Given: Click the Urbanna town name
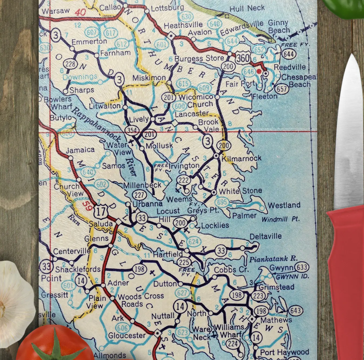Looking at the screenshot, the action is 147,204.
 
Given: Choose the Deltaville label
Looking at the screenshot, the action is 265,236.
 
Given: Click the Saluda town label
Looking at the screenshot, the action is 101,224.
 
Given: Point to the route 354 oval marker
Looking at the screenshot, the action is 132,130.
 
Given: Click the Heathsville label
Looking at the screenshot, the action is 183,25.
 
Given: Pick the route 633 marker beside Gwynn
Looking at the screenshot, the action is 302,268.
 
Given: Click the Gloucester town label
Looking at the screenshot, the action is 127,335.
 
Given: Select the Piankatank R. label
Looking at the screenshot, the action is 273,259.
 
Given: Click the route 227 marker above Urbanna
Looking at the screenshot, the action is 139,195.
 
